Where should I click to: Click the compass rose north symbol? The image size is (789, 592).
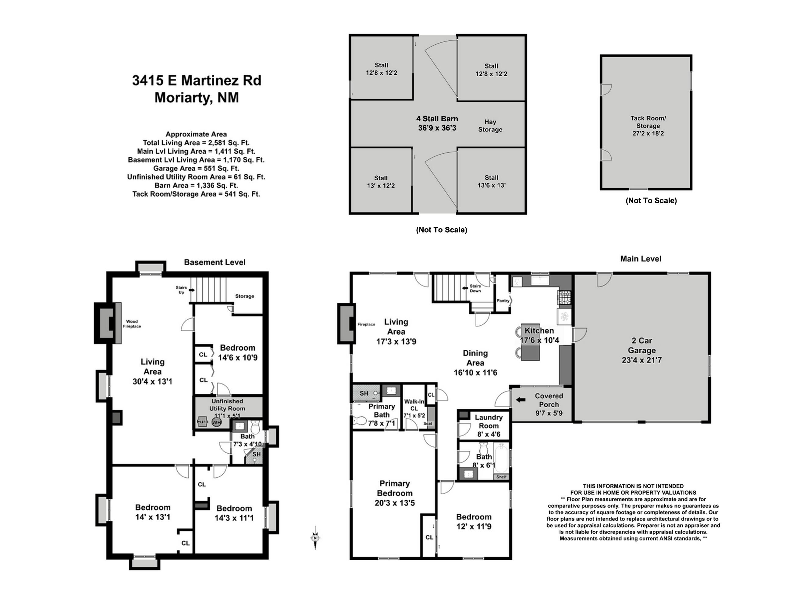click(x=315, y=538)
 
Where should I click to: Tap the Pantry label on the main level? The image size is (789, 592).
click(x=503, y=301)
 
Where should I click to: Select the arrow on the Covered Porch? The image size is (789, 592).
click(x=521, y=400)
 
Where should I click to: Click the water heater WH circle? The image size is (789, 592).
click(x=216, y=423)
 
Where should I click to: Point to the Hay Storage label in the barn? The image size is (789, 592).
click(x=490, y=126)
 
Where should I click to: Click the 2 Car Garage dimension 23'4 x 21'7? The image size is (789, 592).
click(x=642, y=360)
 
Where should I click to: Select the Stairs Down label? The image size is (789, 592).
click(x=475, y=288)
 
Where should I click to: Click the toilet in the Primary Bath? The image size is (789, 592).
click(x=360, y=421)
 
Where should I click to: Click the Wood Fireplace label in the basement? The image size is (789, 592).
click(x=132, y=324)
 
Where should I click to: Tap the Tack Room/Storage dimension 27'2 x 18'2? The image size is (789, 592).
click(x=648, y=134)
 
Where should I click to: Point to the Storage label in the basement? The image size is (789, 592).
click(x=244, y=296)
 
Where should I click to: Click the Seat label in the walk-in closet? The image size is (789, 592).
click(x=428, y=423)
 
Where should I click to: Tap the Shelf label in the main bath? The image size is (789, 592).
click(x=501, y=477)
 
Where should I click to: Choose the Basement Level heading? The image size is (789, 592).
click(x=215, y=262)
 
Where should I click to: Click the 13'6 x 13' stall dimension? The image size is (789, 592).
click(x=492, y=185)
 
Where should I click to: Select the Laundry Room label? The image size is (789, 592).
click(x=489, y=421)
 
